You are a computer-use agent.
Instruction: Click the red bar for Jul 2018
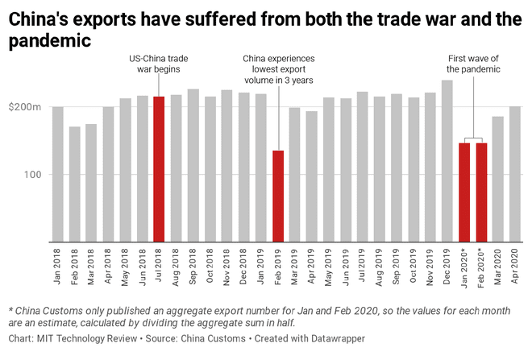(159, 169)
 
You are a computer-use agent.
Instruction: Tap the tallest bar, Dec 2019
(447, 161)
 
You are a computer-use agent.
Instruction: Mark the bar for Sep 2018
(193, 165)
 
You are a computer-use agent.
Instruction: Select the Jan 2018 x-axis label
(58, 267)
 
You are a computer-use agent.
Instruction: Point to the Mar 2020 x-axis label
(498, 267)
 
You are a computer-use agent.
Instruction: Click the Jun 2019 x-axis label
(345, 267)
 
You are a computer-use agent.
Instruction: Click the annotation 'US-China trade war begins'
(159, 64)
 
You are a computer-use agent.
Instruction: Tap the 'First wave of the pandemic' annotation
(474, 64)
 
